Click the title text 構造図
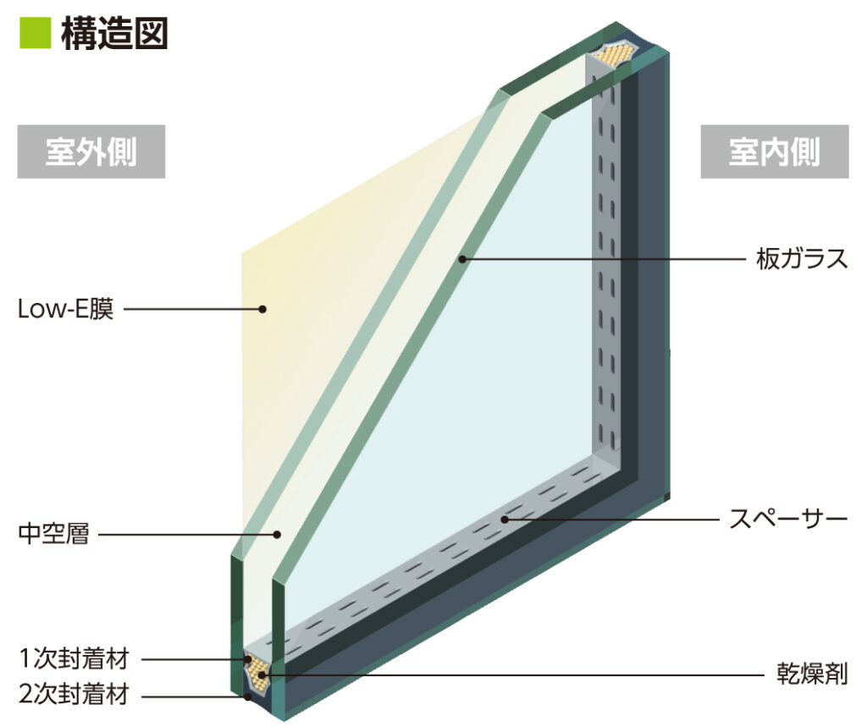coord(115,33)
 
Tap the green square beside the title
coord(36,33)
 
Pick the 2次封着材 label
coord(74,696)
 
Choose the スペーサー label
coord(788,517)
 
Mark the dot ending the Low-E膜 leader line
coord(262,310)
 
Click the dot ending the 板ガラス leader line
coord(463,259)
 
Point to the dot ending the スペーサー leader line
coord(505,518)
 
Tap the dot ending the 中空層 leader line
coord(278,535)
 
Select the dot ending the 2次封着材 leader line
coord(248,697)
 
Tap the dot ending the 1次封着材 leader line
coord(246,658)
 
